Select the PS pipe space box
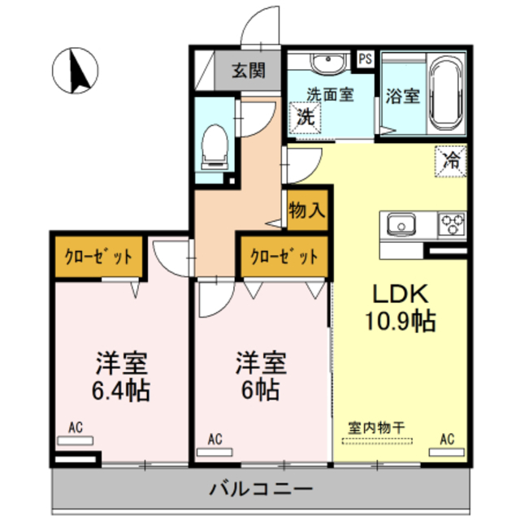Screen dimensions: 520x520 (x=366, y=58)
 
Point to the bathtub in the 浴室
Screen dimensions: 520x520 (x=445, y=93)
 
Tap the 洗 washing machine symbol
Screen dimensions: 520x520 (x=304, y=115)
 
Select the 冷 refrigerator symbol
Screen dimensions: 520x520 (x=450, y=158)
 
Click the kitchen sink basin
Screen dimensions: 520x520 (x=401, y=223)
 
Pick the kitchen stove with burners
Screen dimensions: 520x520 (x=452, y=222)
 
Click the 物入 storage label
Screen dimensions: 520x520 (x=307, y=210)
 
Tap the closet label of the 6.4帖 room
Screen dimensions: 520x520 (x=99, y=256)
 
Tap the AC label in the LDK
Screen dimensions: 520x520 (x=446, y=440)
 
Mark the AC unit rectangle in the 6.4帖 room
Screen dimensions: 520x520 (x=76, y=441)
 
